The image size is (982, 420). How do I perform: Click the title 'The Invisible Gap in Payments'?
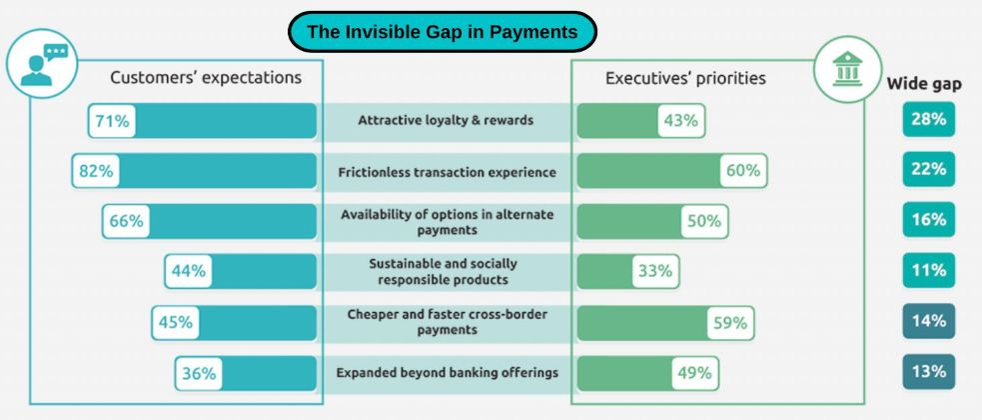pos(443,31)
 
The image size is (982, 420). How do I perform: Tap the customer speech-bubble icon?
pos(42,64)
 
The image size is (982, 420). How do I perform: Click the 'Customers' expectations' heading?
pos(206,78)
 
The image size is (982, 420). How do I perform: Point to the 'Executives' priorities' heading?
pos(685,78)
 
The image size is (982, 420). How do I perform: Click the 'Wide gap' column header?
pos(924,84)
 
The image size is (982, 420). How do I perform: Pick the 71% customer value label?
pos(112,120)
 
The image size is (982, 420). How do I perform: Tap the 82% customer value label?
pos(96,171)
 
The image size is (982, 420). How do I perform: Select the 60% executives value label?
pos(743,171)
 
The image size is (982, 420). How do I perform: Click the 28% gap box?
pos(929,118)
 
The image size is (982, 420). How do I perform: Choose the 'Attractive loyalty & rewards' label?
pos(446,120)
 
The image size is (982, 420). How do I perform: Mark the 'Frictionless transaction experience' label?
pos(448,171)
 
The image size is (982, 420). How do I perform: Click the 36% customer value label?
pos(199,373)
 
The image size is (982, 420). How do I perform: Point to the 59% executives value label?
pos(730,323)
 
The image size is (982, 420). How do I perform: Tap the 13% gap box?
pos(929,371)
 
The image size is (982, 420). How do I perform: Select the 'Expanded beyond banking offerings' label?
pos(448,372)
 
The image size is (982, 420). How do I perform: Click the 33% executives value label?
pos(655,271)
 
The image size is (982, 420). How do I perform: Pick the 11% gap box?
pos(929,270)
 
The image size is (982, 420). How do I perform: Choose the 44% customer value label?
pos(189,271)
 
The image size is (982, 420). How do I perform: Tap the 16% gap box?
pos(929,219)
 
